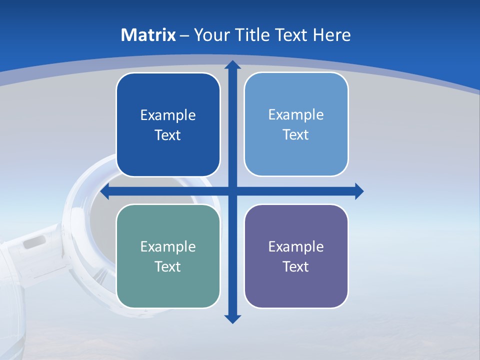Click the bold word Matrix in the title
pos(148,35)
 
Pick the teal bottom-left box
pos(168,285)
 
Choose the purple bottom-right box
pos(296,285)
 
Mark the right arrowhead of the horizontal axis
pos(358,191)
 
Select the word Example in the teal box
pos(168,246)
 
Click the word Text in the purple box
pos(296,266)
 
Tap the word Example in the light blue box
pos(296,114)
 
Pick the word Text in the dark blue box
pos(168,135)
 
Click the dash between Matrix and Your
pos(184,35)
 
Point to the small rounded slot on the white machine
pos(34,242)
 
